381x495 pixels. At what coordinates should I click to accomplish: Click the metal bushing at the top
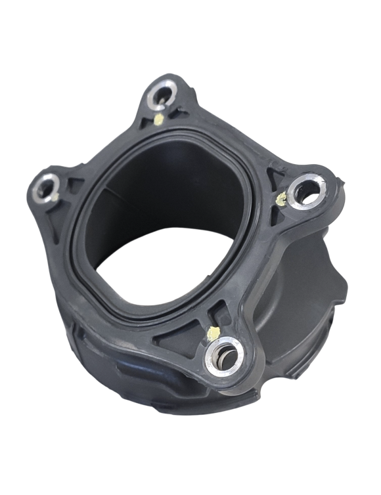161,95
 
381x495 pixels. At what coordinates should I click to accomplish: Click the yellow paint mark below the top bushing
160,119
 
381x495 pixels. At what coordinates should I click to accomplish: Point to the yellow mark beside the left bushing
58,195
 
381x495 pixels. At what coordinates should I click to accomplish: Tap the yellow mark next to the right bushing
281,197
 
